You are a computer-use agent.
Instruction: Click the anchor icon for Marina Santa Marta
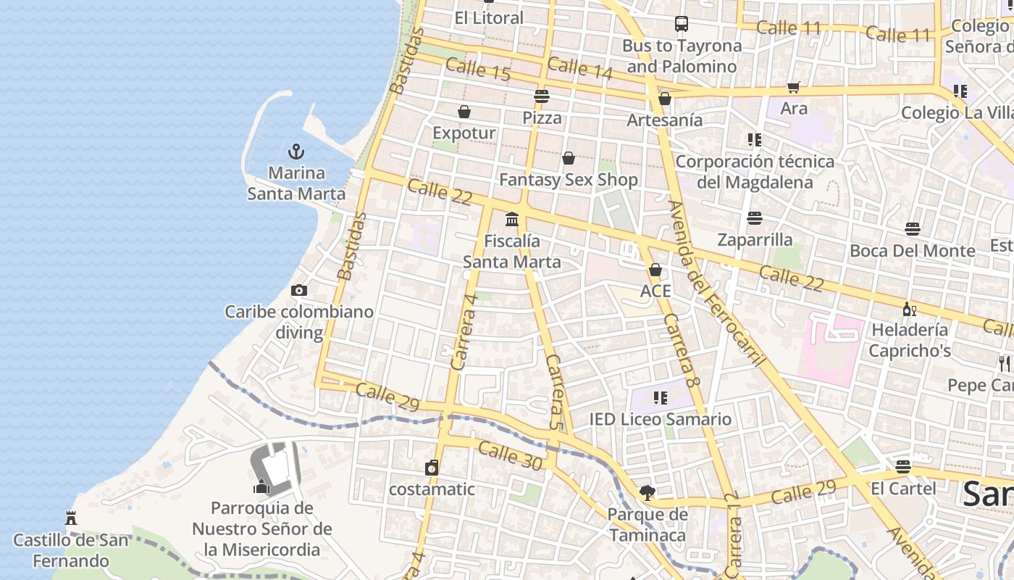296,152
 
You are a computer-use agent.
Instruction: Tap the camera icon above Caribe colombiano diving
298,291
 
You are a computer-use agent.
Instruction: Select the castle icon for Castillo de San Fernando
71,518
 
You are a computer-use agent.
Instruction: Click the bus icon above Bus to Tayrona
682,24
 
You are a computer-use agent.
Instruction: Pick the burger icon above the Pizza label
541,96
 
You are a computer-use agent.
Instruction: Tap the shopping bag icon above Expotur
464,112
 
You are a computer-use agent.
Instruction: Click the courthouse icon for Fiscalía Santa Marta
512,219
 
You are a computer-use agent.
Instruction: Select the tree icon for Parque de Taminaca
647,493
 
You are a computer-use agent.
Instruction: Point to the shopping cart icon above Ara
793,88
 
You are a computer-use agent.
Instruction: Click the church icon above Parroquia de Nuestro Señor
261,486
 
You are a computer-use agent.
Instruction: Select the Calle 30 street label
510,456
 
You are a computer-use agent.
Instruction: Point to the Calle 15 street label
478,70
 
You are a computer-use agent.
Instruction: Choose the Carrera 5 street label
554,392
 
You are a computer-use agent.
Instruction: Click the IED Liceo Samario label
660,419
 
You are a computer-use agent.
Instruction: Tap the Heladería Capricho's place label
910,340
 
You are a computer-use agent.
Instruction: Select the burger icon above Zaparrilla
755,218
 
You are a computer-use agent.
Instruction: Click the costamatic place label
432,489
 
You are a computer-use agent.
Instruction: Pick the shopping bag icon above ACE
655,270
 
